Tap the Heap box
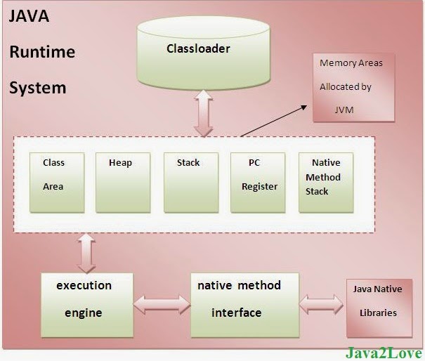(123, 182)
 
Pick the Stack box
(191, 182)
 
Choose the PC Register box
(259, 182)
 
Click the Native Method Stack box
(325, 182)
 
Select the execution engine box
(86, 304)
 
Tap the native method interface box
(244, 304)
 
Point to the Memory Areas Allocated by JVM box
(352, 86)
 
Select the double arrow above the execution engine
(86, 254)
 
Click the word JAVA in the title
(29, 16)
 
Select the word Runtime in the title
(42, 52)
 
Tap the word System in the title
(38, 88)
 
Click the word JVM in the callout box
(344, 110)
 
